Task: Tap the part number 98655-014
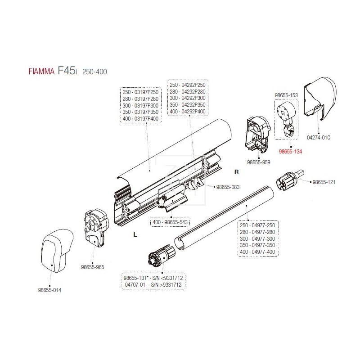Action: click(49, 290)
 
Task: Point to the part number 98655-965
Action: click(93, 267)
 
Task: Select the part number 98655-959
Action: click(259, 162)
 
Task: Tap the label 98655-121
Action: click(324, 182)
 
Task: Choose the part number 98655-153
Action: click(286, 95)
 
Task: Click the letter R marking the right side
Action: click(236, 172)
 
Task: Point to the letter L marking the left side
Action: click(135, 234)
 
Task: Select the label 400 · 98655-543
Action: click(171, 222)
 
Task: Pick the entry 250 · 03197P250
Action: click(140, 92)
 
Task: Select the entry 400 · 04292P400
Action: click(187, 112)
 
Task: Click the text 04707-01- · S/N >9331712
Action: click(154, 285)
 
